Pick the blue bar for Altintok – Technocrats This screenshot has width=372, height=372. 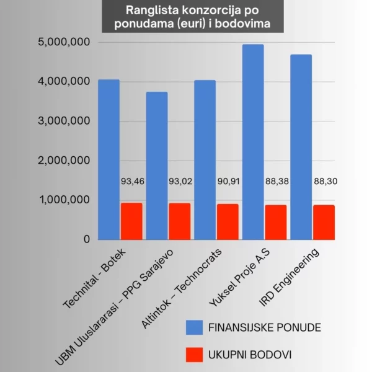(205, 160)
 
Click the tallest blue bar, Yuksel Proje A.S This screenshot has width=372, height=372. (253, 142)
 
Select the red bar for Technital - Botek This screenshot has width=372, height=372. (131, 221)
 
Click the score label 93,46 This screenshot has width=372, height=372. (131, 182)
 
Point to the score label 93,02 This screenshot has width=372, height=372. (180, 182)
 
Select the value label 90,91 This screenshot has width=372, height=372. (228, 182)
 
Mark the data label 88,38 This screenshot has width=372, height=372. (276, 182)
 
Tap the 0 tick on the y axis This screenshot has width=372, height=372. (86, 239)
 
